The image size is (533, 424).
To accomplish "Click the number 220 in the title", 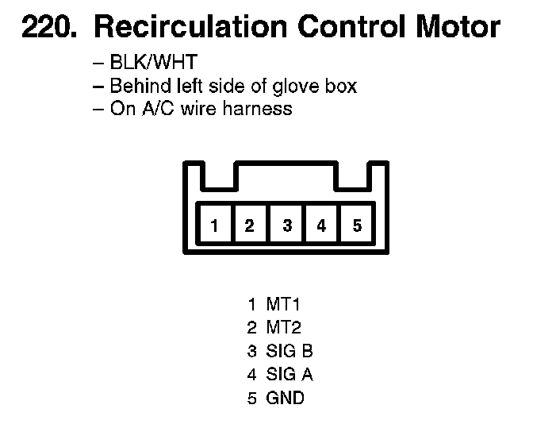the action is pyautogui.click(x=47, y=29).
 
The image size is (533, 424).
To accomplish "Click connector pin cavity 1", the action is pyautogui.click(x=214, y=225).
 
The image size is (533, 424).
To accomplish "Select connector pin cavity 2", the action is pyautogui.click(x=249, y=225).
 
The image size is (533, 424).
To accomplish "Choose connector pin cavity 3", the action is pyautogui.click(x=287, y=225).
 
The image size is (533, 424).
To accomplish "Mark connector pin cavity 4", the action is pyautogui.click(x=321, y=225).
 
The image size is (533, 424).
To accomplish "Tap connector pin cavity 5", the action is pyautogui.click(x=357, y=225).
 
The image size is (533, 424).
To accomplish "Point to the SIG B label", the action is pyautogui.click(x=290, y=351).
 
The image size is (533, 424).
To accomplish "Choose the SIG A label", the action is pyautogui.click(x=290, y=374).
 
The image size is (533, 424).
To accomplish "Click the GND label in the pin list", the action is pyautogui.click(x=286, y=398).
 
